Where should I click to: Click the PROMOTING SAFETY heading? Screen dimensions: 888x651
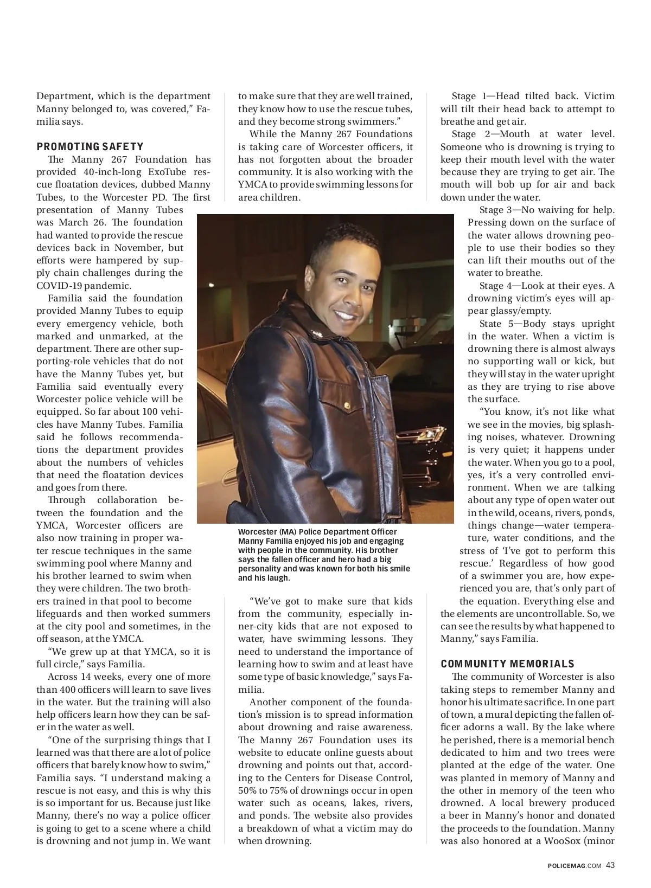[x=90, y=146]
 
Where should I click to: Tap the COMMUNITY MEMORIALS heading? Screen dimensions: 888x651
[x=507, y=664]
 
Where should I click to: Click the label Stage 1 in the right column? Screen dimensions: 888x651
[x=469, y=96]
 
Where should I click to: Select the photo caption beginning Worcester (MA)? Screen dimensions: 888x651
[x=324, y=555]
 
